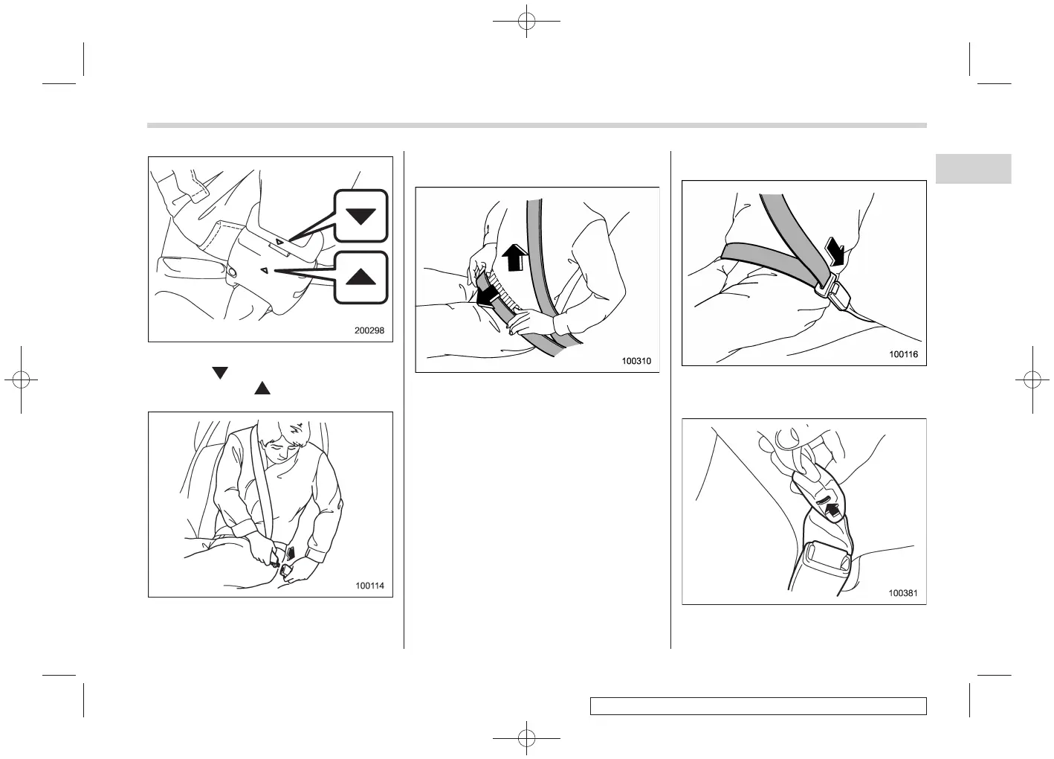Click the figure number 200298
369,330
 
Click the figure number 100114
369,586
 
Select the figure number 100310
636,362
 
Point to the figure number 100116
903,354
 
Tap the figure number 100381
903,593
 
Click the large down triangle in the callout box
361,217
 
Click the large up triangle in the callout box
361,277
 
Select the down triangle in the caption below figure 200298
219,372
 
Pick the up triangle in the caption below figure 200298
262,388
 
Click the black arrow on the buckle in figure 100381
834,510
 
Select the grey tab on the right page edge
973,169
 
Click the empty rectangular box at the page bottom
758,705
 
